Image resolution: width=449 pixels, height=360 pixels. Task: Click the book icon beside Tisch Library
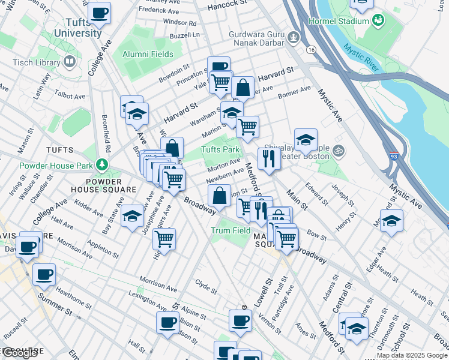click(70, 62)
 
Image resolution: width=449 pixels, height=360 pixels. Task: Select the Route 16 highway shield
click(310, 49)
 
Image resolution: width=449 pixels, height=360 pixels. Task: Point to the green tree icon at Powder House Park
click(103, 164)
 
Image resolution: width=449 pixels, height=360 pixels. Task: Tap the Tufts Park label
click(220, 149)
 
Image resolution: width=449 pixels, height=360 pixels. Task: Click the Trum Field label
click(231, 230)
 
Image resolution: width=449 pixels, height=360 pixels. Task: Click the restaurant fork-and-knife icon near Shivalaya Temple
click(268, 158)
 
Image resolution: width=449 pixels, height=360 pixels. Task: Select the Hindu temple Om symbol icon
click(339, 150)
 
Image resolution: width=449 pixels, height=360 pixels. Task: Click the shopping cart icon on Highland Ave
click(164, 239)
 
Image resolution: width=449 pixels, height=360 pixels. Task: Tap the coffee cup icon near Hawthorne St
click(44, 275)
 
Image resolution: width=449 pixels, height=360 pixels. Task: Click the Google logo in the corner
click(20, 353)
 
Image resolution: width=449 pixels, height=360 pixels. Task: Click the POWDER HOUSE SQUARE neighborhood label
click(112, 185)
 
